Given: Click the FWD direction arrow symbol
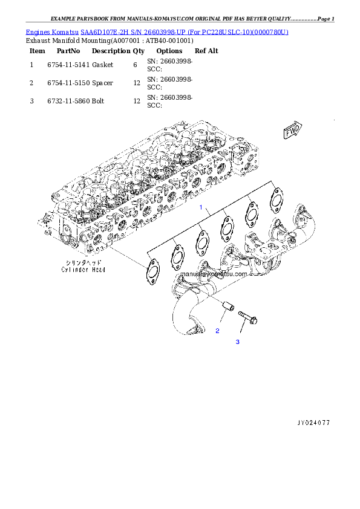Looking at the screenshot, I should click(293, 130).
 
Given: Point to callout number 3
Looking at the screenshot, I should click(238, 342).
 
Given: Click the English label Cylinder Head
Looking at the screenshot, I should click(82, 270).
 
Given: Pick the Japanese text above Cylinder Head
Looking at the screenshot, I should click(82, 262).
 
